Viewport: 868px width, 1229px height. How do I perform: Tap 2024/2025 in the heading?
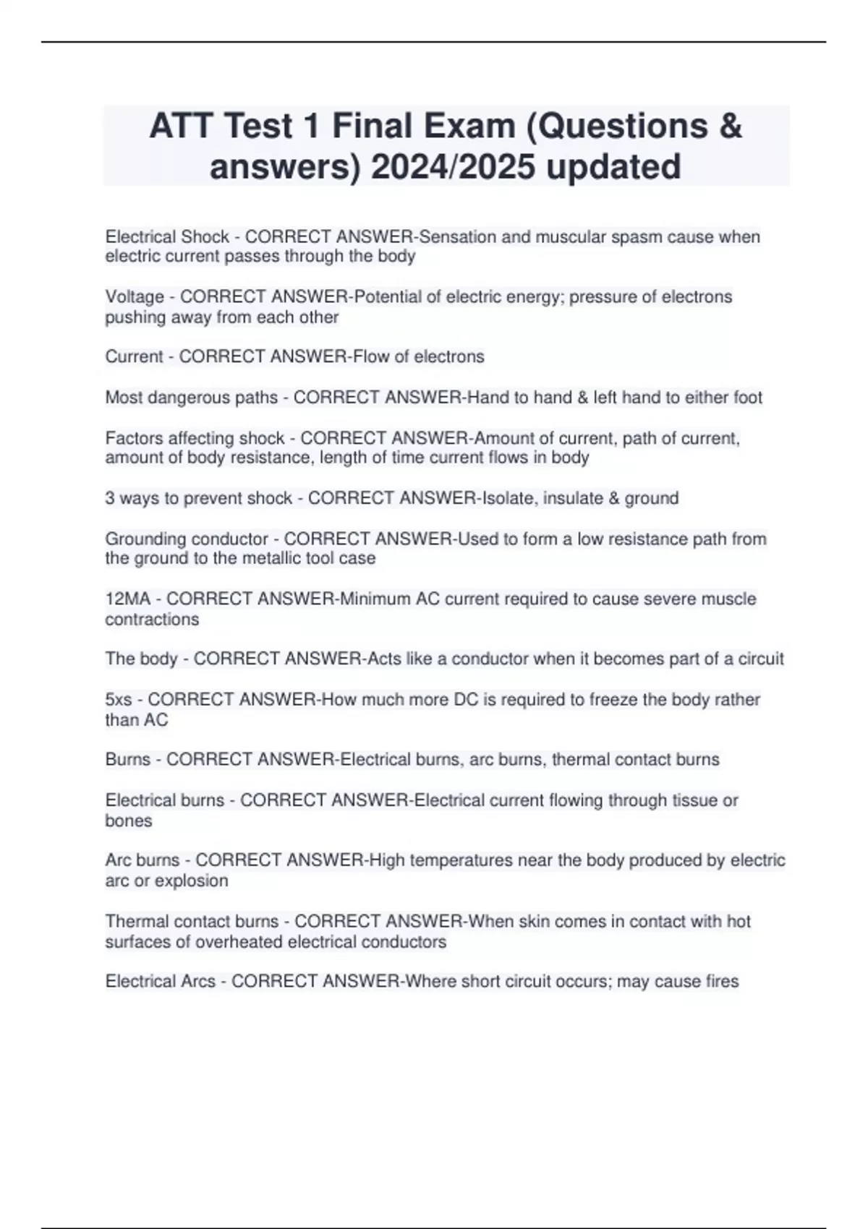point(451,166)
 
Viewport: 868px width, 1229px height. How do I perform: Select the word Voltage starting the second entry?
point(135,297)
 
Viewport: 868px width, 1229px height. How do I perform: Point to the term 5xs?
point(119,700)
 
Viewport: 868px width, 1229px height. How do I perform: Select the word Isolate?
point(509,498)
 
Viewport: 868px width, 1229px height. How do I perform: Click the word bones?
point(129,821)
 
